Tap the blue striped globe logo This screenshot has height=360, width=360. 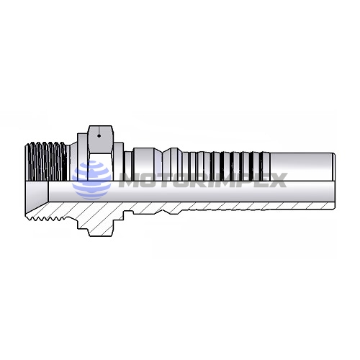[x=91, y=180]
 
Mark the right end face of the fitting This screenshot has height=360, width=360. [x=333, y=180]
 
